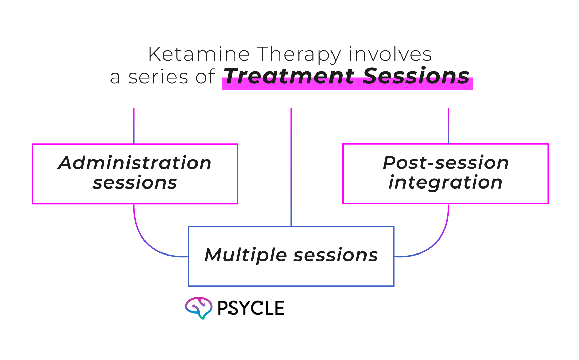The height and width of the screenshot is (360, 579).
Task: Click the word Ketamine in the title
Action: point(199,54)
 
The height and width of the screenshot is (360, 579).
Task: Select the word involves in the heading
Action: point(390,54)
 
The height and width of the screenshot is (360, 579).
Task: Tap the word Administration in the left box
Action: point(135,163)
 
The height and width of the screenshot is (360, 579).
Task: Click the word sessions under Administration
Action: point(135,183)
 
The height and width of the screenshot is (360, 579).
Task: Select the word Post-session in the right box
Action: point(445,163)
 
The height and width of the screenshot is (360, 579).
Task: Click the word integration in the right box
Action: point(445,182)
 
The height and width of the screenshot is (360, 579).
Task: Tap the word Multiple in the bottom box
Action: point(245,255)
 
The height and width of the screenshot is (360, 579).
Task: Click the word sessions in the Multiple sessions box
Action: point(335,255)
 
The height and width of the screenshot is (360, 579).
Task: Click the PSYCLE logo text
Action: point(251,308)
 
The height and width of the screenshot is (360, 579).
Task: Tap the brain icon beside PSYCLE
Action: point(199,308)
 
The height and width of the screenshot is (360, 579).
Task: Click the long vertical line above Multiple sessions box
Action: point(291,167)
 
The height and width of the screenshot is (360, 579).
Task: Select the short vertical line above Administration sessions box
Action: point(134,126)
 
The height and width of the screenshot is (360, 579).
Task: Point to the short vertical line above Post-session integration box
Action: point(449,126)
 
